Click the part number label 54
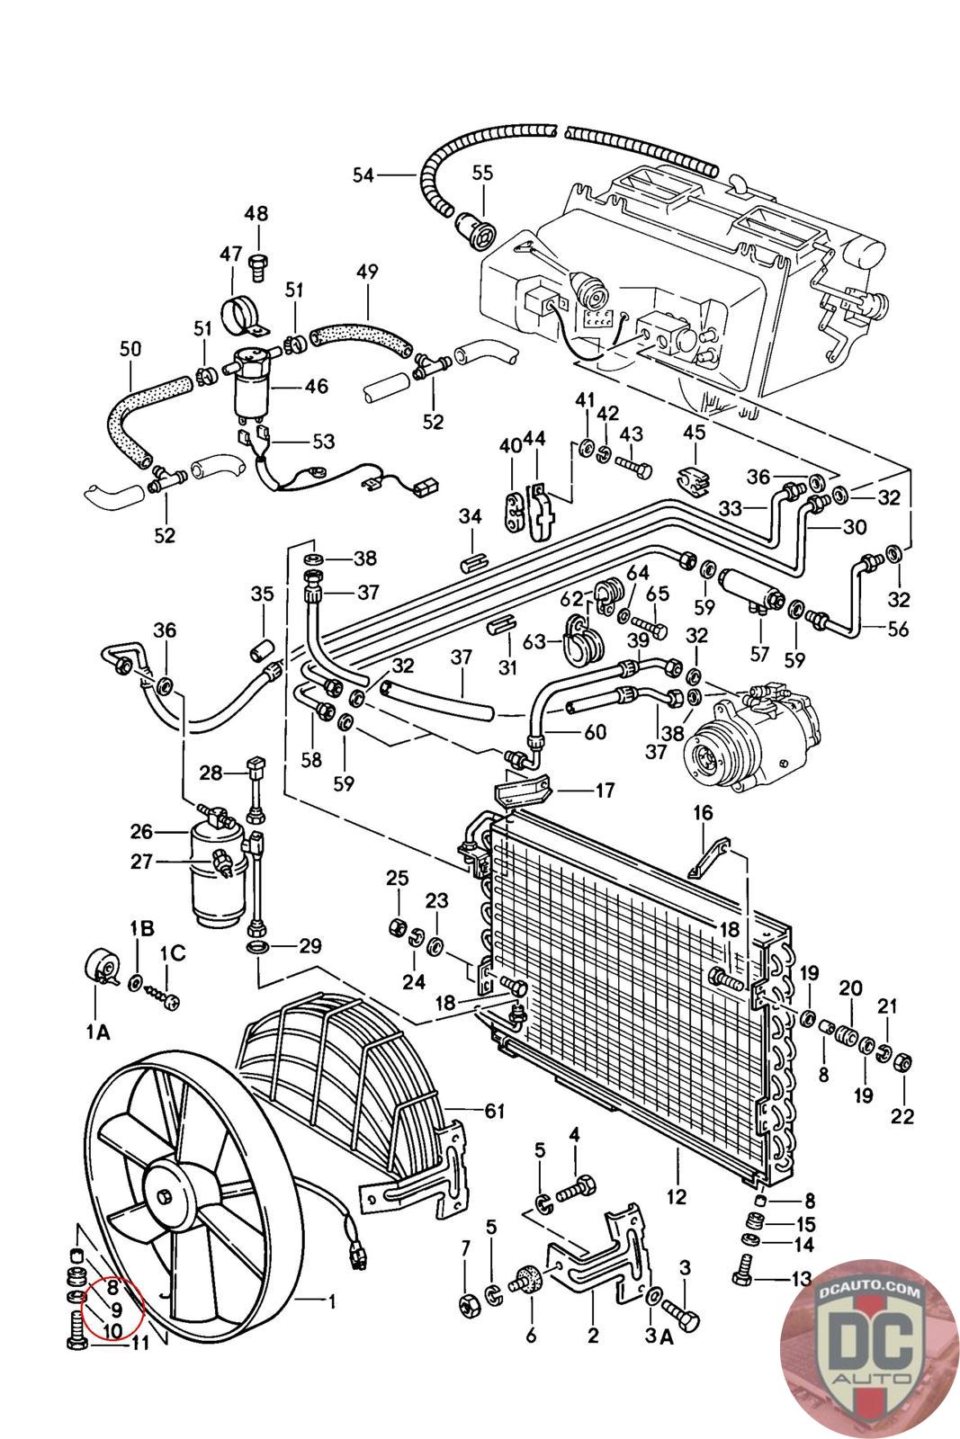(363, 175)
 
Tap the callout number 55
(483, 174)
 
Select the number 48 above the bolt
(256, 214)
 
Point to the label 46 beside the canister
(316, 387)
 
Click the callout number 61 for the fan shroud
(495, 1112)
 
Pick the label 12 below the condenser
(677, 1197)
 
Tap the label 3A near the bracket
(659, 1337)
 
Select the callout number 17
(605, 791)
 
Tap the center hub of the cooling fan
(168, 1195)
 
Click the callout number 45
(694, 433)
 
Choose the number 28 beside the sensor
(211, 773)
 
